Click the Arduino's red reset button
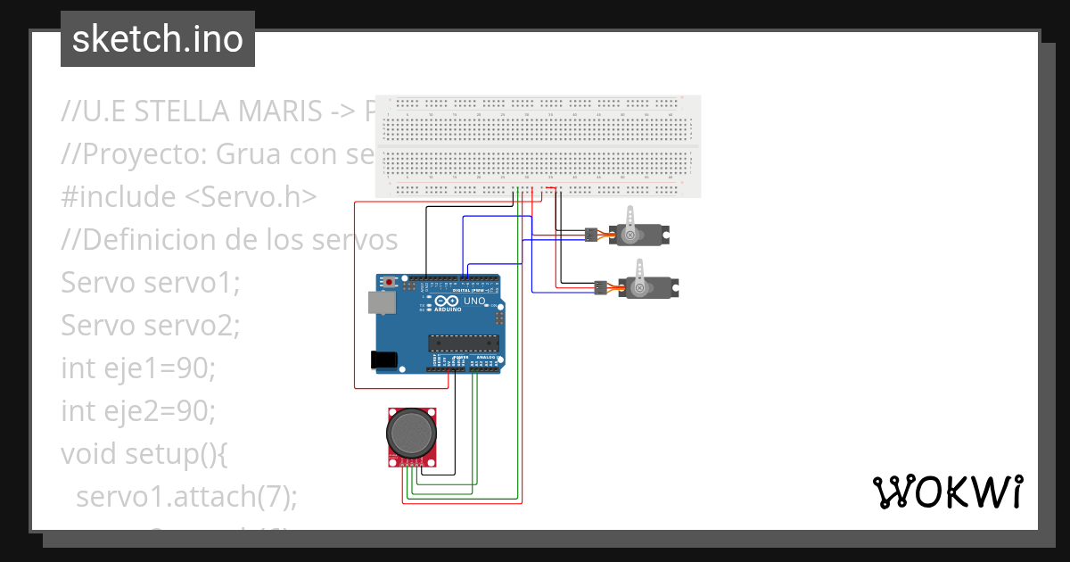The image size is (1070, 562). [389, 282]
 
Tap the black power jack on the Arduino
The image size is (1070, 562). [385, 360]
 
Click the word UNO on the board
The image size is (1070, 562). [474, 302]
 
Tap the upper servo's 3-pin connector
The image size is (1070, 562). [590, 236]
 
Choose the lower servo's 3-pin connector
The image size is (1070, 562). [599, 287]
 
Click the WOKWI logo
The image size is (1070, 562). [947, 492]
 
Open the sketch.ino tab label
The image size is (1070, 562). [158, 39]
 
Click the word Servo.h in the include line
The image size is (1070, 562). [257, 197]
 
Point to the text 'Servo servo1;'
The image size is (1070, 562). [151, 283]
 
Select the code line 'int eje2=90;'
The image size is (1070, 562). [138, 411]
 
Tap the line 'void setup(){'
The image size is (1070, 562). [145, 454]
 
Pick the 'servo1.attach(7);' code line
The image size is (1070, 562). [185, 497]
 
